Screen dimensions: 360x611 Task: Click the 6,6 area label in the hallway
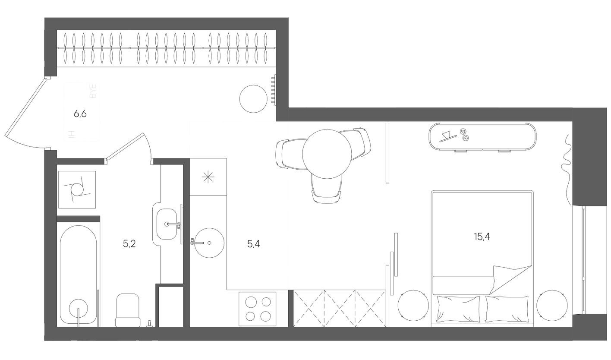pos(80,114)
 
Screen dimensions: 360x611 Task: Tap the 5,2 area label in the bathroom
pos(129,244)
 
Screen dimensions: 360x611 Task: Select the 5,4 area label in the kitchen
pos(253,244)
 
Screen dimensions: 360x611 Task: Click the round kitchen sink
pos(209,243)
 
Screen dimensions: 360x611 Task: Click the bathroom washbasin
pos(167,224)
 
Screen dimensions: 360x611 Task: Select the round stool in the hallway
pos(253,98)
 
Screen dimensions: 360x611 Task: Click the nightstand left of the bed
pos(413,305)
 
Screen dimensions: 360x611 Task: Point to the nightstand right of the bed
pos(552,305)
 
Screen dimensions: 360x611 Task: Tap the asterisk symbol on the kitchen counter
pos(208,177)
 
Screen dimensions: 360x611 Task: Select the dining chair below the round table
pos(326,190)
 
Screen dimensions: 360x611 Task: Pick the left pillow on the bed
pos(458,308)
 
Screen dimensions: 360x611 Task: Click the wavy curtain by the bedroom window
pos(566,164)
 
